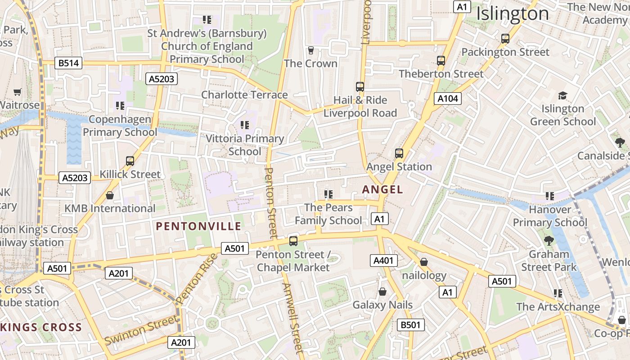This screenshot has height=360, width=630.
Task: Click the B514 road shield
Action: (x=69, y=63)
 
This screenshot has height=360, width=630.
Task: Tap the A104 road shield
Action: (x=448, y=99)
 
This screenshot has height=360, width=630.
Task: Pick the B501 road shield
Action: (x=410, y=325)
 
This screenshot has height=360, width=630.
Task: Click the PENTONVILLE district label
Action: (x=198, y=226)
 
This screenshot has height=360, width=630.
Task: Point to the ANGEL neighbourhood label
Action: (x=382, y=189)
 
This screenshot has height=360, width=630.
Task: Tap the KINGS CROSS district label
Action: (x=41, y=327)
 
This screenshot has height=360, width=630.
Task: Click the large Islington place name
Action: (x=513, y=13)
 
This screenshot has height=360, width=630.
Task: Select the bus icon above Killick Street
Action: (x=130, y=161)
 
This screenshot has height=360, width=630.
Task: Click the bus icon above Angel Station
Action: (x=399, y=153)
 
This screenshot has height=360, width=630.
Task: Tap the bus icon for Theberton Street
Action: (x=441, y=61)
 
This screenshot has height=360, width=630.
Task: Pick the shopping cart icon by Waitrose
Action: (x=18, y=92)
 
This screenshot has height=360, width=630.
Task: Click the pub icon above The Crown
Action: (x=310, y=50)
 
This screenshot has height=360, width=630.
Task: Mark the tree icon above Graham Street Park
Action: (x=549, y=241)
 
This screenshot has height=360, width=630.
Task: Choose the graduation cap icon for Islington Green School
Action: (x=562, y=95)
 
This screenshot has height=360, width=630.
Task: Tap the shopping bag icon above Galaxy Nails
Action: (x=382, y=292)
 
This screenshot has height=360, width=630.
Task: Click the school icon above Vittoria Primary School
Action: (x=244, y=125)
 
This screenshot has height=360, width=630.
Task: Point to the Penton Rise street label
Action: (x=197, y=278)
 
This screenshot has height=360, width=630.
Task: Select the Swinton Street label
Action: (x=141, y=330)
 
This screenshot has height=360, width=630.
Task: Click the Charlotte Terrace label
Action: (x=244, y=94)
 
